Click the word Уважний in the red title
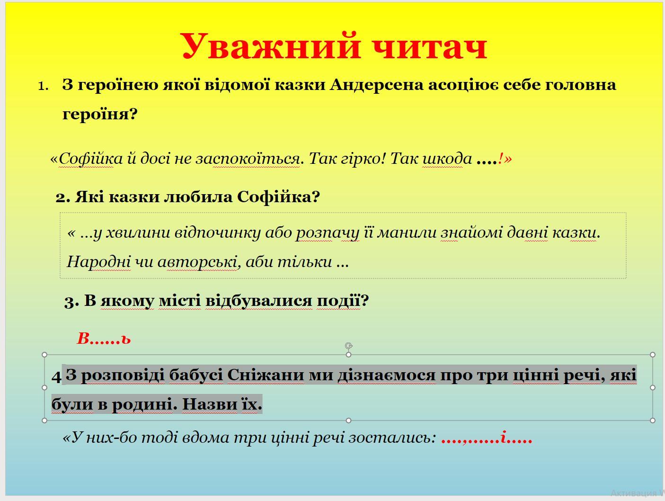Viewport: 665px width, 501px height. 271,46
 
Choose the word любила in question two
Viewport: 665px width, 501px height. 198,197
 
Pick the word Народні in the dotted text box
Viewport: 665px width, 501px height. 99,261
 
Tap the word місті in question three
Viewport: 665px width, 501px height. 180,301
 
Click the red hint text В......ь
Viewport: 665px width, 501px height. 104,339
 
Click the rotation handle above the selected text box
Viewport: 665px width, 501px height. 349,346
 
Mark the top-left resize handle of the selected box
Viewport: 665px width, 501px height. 44,355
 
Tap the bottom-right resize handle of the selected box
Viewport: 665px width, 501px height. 653,420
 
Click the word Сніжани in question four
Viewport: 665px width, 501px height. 265,375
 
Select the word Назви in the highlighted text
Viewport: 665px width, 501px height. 210,404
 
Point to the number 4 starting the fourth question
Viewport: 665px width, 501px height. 56,377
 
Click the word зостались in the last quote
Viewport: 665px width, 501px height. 392,438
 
